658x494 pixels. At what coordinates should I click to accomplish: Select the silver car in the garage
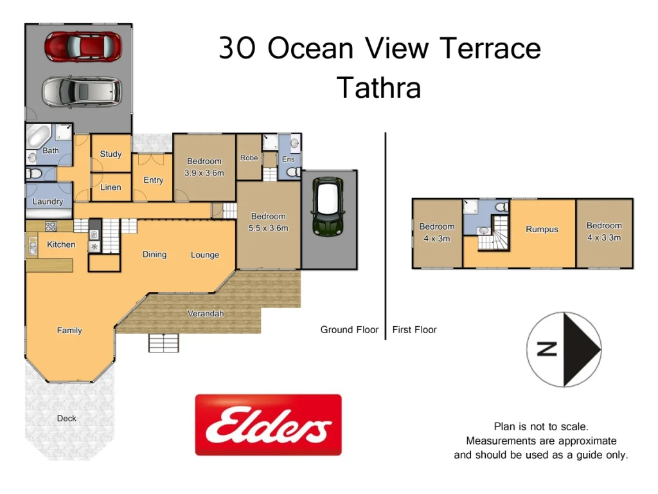click(81, 91)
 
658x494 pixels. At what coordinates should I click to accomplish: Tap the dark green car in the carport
click(329, 206)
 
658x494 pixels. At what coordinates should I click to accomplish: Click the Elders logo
click(268, 425)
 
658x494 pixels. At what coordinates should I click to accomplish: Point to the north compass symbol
click(564, 349)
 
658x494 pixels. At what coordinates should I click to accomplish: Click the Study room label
click(111, 154)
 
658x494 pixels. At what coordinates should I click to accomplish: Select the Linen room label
click(111, 187)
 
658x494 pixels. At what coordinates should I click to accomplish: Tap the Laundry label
click(48, 201)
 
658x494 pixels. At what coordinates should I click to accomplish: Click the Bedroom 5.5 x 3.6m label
click(268, 222)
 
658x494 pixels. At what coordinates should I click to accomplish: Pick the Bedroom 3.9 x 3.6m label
click(204, 167)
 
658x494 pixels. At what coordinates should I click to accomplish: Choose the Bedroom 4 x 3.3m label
click(604, 232)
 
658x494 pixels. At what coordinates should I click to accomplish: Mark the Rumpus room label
click(542, 230)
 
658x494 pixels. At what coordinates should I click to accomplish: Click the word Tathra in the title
click(378, 87)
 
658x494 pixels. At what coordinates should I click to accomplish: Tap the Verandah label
click(206, 314)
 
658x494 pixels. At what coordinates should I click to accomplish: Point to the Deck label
click(66, 418)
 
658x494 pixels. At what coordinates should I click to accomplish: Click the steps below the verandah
click(164, 343)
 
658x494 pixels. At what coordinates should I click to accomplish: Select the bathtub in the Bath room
click(37, 137)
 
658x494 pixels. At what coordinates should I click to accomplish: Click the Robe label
click(249, 158)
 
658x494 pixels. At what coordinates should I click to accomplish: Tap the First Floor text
click(414, 330)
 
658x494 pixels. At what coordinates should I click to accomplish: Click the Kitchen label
click(61, 244)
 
